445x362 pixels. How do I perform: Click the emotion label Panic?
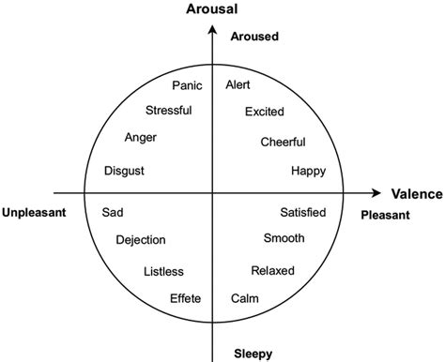[x=188, y=85]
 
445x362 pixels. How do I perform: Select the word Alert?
[x=238, y=85]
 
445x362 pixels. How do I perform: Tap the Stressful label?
[x=169, y=111]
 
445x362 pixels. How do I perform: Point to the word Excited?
[x=264, y=113]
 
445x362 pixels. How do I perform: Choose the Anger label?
[x=140, y=138]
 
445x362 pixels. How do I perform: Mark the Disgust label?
[x=125, y=171]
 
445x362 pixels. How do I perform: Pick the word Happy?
[x=308, y=171]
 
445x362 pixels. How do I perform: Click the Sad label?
[x=112, y=212]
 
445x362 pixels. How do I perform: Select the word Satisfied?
[x=303, y=212]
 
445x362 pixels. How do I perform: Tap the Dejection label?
[x=141, y=240]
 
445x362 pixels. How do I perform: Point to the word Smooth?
[x=284, y=238]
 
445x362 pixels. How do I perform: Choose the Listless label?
[x=163, y=272]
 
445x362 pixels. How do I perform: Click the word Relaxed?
[x=272, y=271]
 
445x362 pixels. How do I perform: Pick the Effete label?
[x=185, y=299]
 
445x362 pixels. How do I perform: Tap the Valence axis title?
[x=416, y=194]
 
